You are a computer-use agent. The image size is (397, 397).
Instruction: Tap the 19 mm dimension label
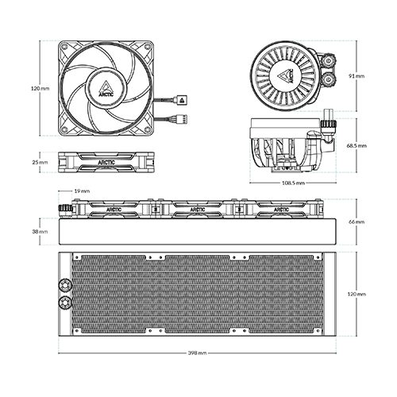(x=81, y=191)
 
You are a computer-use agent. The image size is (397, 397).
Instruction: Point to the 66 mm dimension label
(x=357, y=222)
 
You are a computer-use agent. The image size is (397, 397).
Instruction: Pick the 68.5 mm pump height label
(x=357, y=146)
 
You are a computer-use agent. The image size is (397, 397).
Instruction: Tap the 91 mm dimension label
(x=357, y=76)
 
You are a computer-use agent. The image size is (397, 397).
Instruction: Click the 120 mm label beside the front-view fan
(x=40, y=88)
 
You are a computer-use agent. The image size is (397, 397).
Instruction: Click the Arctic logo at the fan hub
(x=106, y=88)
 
